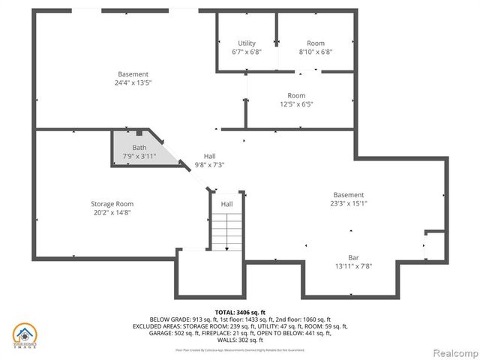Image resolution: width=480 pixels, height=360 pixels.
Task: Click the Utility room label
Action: (x=247, y=43)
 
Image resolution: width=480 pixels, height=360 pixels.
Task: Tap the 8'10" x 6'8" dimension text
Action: (x=315, y=52)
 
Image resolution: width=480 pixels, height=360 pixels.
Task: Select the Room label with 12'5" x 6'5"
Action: (x=295, y=96)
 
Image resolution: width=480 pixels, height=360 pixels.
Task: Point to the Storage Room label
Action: (x=112, y=204)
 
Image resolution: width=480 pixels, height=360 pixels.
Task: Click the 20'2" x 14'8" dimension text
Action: (x=112, y=213)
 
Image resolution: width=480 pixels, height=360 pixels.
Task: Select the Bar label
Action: (x=352, y=257)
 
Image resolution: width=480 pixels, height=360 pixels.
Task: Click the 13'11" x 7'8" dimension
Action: (x=352, y=266)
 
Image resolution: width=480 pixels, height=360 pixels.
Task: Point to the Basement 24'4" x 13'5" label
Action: (x=133, y=74)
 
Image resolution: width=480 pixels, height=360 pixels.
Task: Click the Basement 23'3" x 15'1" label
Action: (x=348, y=195)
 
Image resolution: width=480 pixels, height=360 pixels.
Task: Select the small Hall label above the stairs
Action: (x=226, y=204)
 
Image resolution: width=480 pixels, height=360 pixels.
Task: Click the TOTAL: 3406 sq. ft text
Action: (x=240, y=311)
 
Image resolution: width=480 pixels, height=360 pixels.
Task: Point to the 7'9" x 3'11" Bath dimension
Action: (x=139, y=157)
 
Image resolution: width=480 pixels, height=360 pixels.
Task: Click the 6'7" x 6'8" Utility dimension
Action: (x=247, y=52)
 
